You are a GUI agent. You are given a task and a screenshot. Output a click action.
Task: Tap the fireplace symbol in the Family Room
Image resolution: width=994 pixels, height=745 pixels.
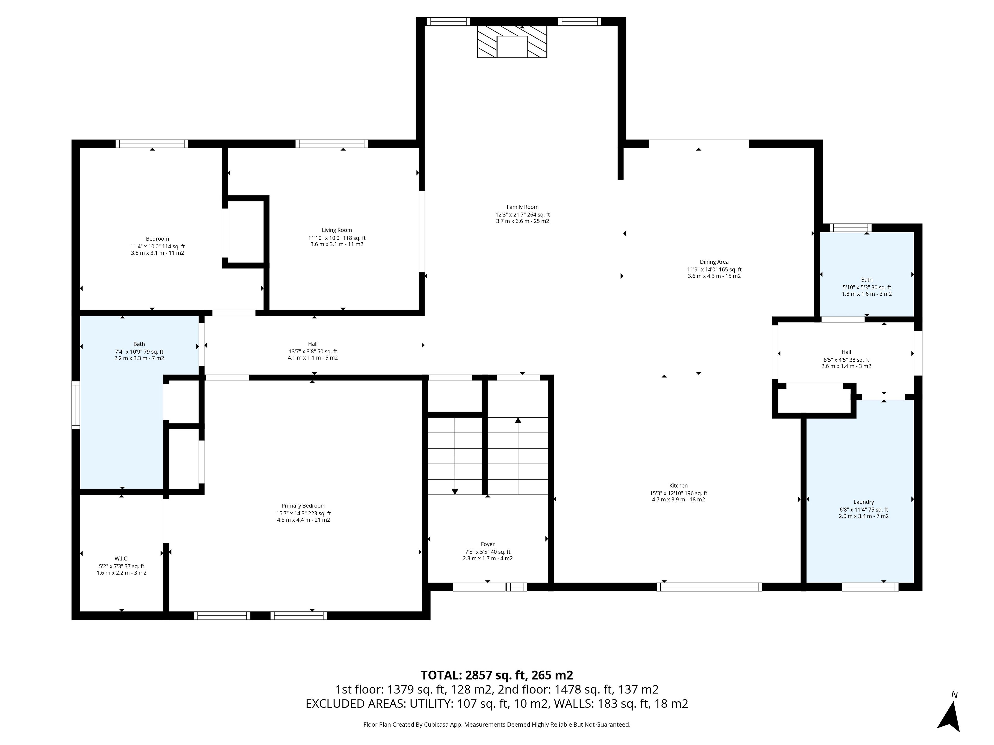pyautogui.click(x=512, y=42)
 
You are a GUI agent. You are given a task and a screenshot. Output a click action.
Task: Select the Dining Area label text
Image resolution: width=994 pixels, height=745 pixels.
pyautogui.click(x=714, y=262)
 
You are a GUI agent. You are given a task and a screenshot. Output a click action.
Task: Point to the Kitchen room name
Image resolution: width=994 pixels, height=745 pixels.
pyautogui.click(x=678, y=486)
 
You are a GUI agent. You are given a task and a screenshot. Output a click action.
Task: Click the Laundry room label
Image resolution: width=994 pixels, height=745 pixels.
pyautogui.click(x=864, y=502)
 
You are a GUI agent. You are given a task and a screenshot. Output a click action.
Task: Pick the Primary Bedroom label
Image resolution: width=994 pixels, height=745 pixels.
pyautogui.click(x=303, y=506)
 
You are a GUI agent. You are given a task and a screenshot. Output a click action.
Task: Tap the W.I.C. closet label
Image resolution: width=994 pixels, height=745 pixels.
pyautogui.click(x=121, y=559)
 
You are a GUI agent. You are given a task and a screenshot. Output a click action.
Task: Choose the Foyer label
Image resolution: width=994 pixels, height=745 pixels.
pyautogui.click(x=488, y=544)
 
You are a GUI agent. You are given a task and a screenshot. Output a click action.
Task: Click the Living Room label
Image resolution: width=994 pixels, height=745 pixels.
pyautogui.click(x=337, y=230)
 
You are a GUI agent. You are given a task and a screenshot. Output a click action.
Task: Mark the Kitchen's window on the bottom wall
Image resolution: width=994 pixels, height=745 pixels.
pyautogui.click(x=709, y=586)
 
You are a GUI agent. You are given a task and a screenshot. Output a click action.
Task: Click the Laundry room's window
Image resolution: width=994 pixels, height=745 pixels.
pyautogui.click(x=870, y=586)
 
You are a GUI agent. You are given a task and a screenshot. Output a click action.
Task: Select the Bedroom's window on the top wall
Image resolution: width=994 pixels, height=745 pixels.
pyautogui.click(x=152, y=144)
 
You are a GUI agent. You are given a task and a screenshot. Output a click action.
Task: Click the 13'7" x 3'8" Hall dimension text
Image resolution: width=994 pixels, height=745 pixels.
pyautogui.click(x=312, y=352)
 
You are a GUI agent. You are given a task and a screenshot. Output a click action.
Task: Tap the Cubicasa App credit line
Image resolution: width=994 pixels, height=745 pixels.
pyautogui.click(x=496, y=724)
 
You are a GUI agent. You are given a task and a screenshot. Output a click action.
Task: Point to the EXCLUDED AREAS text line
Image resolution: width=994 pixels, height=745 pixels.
pyautogui.click(x=496, y=704)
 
